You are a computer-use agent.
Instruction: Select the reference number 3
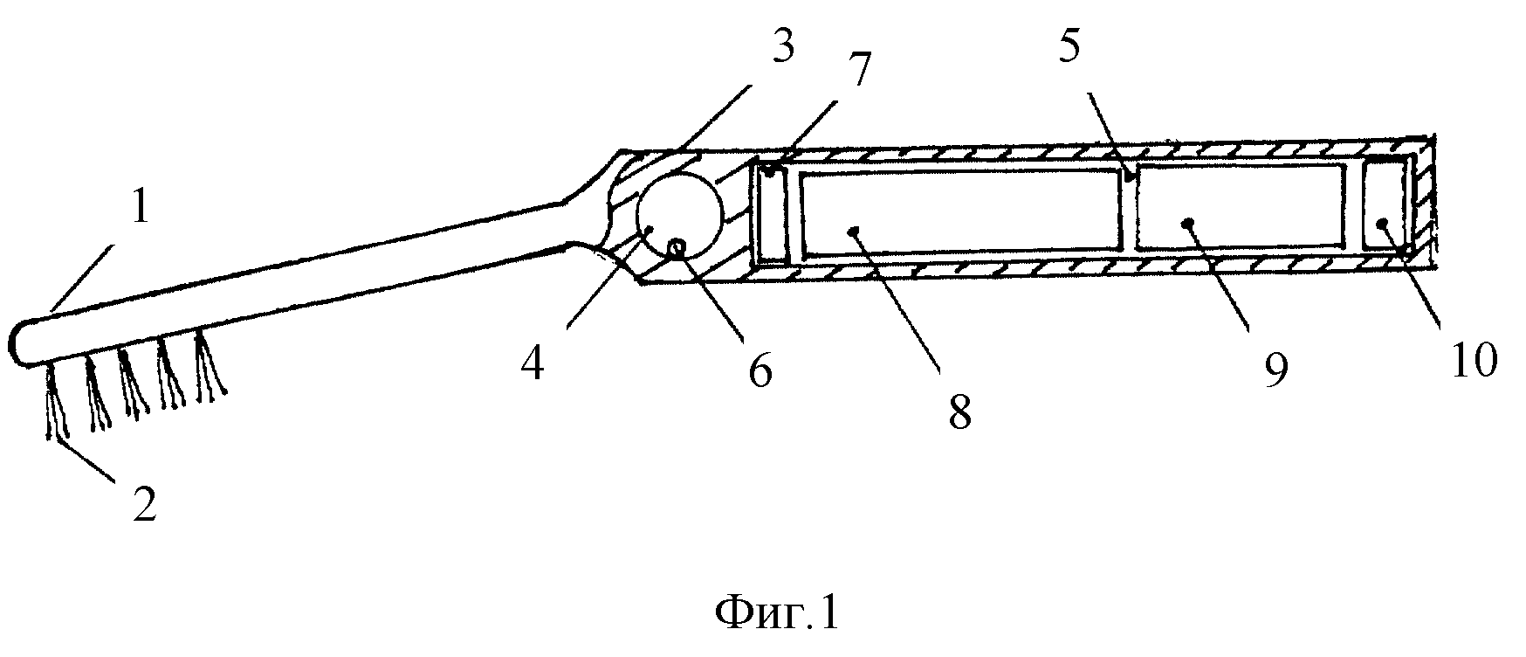click(x=782, y=46)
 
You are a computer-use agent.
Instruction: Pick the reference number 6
click(x=760, y=372)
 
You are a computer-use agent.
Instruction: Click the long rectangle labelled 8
click(x=960, y=212)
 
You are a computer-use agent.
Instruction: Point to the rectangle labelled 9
click(x=1241, y=206)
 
